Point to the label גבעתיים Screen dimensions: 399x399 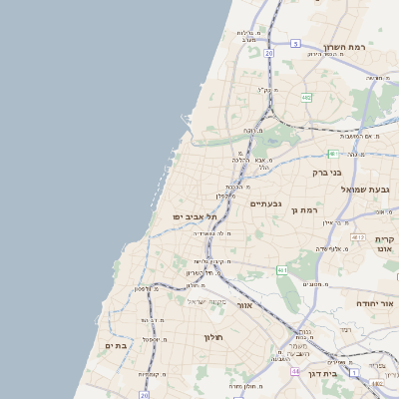[266, 204]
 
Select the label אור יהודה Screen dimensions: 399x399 [375, 302]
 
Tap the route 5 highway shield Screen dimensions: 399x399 [296, 43]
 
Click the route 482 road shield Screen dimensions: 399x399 [305, 98]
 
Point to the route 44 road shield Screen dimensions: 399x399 [295, 372]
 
